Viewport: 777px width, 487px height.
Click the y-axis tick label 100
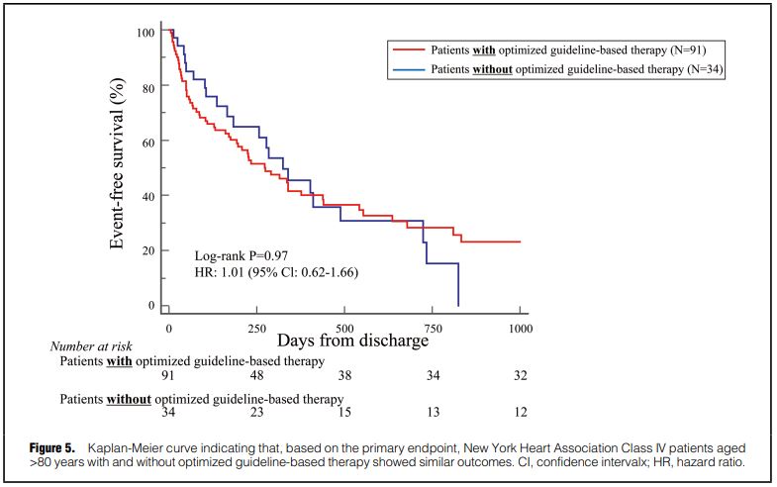pos(145,33)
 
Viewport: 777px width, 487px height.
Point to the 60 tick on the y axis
pos(147,142)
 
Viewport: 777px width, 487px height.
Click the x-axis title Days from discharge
pos(352,341)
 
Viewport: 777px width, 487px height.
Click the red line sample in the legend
pos(409,49)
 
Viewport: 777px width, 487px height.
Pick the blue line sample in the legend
pos(409,69)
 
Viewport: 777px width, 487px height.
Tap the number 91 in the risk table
pos(169,376)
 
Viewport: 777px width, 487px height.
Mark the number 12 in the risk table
pos(520,412)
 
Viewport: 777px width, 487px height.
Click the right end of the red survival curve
pos(520,242)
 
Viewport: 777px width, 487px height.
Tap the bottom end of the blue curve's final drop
pos(458,305)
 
